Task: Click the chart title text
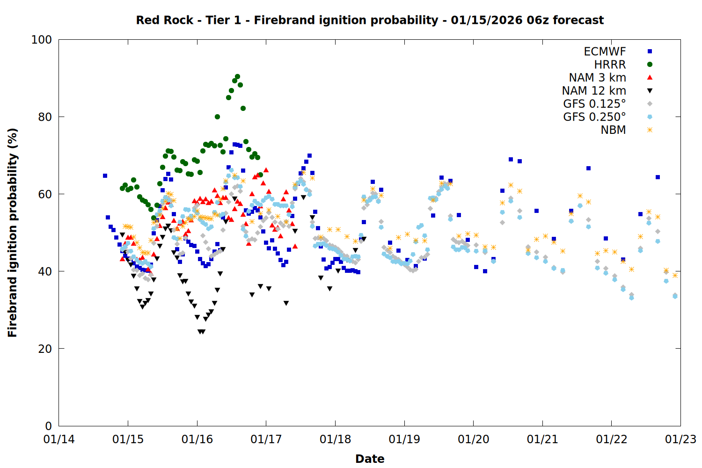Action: [370, 20]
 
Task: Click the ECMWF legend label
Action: [605, 51]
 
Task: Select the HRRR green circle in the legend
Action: [650, 65]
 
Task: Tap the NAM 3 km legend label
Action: [597, 78]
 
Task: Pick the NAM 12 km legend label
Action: [594, 91]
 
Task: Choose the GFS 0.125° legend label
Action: [594, 104]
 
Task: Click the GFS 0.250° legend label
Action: [594, 117]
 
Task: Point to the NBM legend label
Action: [613, 130]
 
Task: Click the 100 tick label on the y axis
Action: [41, 40]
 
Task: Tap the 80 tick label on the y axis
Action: [44, 117]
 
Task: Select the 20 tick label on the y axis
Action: [44, 349]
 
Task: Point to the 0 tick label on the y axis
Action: [48, 426]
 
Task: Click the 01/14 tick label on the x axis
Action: [59, 439]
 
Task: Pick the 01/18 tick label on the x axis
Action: [335, 439]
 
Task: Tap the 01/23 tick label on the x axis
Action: [680, 439]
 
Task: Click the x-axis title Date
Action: [370, 459]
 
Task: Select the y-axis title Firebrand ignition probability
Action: [13, 233]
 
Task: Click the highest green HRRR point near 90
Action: [237, 76]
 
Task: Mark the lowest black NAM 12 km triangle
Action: [201, 332]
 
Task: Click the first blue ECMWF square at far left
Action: [105, 176]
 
